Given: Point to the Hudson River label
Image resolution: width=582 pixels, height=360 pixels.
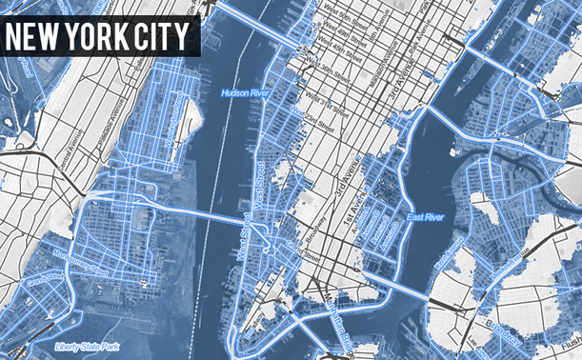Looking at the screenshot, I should [246, 93].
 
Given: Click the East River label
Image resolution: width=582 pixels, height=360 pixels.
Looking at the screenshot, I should [425, 218].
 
